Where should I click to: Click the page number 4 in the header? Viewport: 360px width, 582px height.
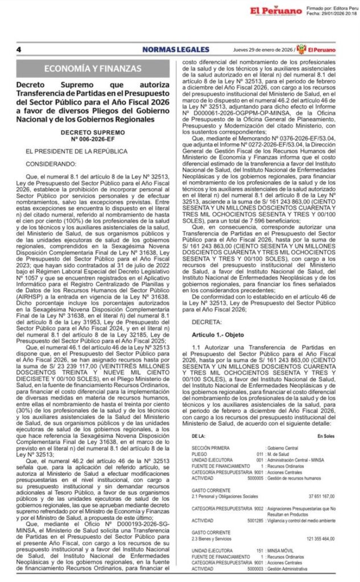tap(19, 49)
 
